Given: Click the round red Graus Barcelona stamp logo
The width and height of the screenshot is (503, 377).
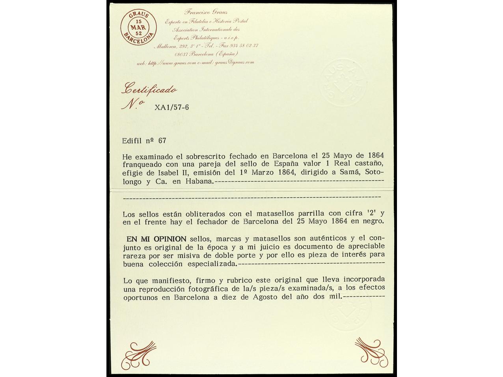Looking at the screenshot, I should point(138,28).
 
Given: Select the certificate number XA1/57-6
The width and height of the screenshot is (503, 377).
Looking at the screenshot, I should point(172,107).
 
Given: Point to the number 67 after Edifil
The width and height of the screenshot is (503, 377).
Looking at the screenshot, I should point(162,140).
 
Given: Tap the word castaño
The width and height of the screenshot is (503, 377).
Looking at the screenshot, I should point(369,164).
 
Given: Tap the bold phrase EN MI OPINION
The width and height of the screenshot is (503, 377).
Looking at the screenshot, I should point(156,239).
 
